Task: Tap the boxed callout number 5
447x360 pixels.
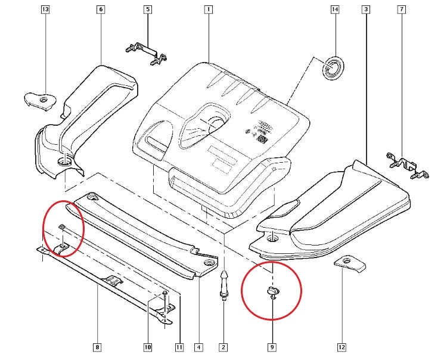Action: pyautogui.click(x=148, y=10)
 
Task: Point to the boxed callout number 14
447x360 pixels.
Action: pyautogui.click(x=334, y=10)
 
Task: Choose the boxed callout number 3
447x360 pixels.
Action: pyautogui.click(x=365, y=10)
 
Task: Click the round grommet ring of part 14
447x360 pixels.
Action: pyautogui.click(x=333, y=67)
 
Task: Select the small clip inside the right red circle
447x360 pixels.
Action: pyautogui.click(x=272, y=291)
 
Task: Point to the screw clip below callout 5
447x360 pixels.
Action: pyautogui.click(x=146, y=52)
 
